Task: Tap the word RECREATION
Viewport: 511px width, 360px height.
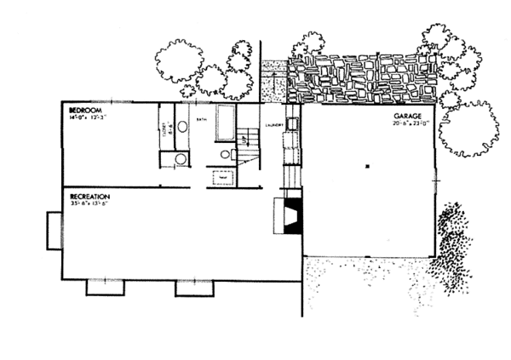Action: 90,197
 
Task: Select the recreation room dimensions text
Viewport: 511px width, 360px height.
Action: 92,205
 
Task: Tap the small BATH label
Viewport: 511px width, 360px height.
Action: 203,122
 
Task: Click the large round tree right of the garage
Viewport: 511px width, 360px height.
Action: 468,129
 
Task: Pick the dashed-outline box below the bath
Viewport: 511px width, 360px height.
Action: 222,178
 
